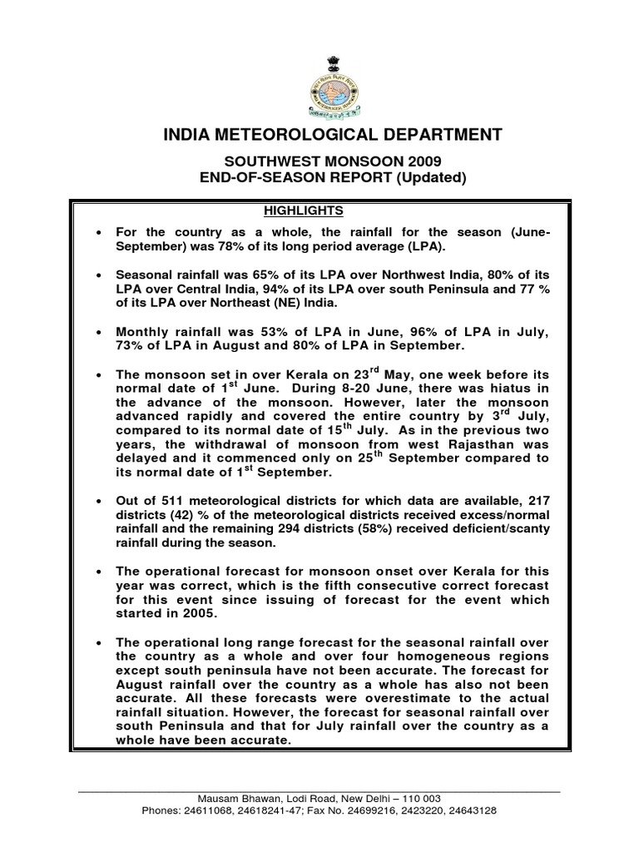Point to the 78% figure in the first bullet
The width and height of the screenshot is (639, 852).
217,246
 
